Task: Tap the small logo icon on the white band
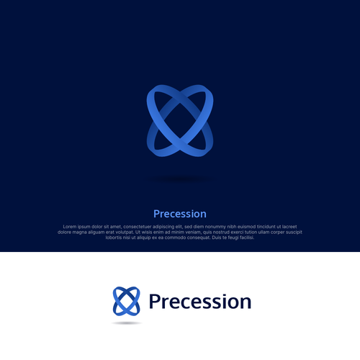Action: [127, 301]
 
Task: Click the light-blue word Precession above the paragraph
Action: [180, 214]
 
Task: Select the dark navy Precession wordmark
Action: [199, 302]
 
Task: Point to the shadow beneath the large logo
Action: [179, 178]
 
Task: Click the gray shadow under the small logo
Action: [127, 323]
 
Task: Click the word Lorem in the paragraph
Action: [71, 227]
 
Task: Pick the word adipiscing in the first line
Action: [183, 227]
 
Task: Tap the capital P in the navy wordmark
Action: [154, 302]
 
